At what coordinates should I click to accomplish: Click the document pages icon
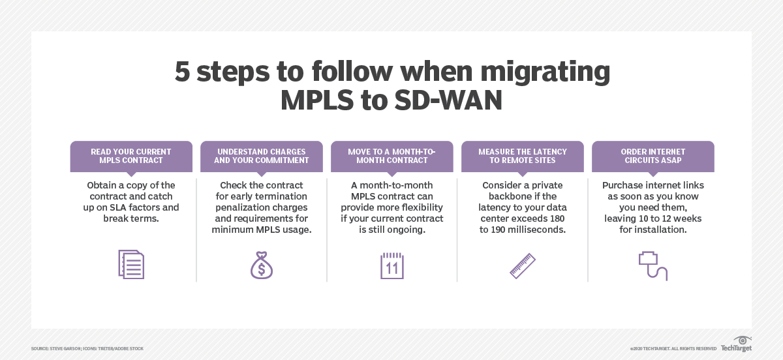131,264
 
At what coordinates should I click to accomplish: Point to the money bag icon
262,265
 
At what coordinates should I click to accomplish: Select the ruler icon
523,265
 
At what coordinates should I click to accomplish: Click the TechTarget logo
737,344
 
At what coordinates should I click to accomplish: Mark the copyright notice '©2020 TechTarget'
673,349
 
